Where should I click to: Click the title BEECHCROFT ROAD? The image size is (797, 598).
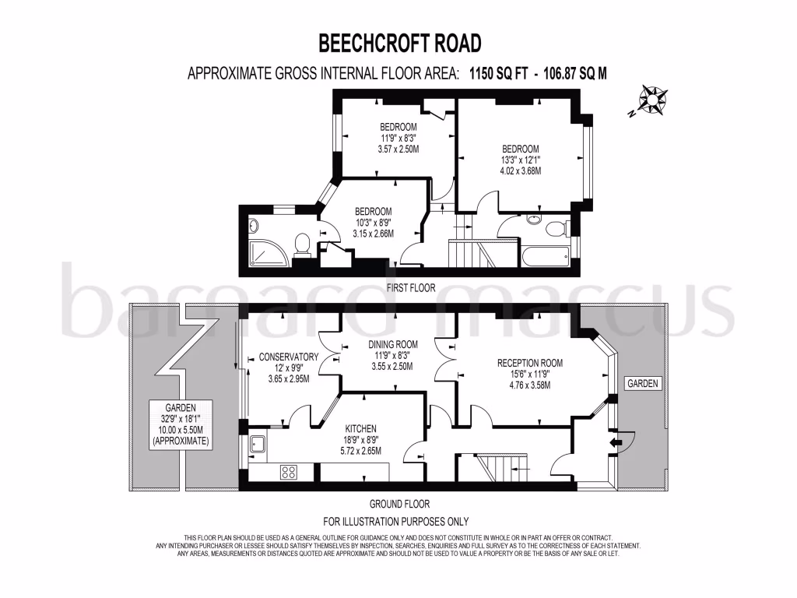[399, 42]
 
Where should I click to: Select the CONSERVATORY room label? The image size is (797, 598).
[288, 357]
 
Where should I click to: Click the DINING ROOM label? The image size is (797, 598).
[392, 344]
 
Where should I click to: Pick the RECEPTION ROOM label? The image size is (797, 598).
[530, 363]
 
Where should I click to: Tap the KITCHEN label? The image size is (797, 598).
[360, 428]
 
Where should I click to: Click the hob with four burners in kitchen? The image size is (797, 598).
[289, 472]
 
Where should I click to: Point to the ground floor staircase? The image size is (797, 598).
[494, 468]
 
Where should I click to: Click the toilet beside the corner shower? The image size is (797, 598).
[303, 244]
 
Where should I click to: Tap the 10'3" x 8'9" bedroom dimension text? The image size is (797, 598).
[373, 223]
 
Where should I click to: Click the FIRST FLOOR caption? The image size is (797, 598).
[411, 287]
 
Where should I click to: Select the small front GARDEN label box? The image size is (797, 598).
[644, 384]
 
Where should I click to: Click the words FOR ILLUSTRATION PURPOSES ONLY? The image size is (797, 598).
[396, 521]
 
